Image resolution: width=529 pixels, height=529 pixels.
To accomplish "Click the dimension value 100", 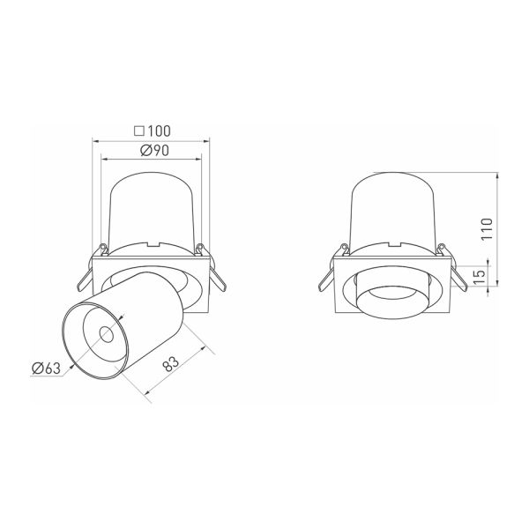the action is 159,130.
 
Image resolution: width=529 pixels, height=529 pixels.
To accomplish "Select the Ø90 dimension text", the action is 154,151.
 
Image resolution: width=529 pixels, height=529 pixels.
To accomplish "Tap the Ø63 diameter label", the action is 46,368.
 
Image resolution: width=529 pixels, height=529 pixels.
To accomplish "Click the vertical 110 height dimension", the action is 487,229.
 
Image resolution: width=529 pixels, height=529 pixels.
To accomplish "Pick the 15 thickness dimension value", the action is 479,276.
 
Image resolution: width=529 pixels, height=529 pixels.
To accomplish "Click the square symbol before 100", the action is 139,130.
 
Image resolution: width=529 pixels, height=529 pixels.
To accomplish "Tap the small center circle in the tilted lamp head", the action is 106,335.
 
